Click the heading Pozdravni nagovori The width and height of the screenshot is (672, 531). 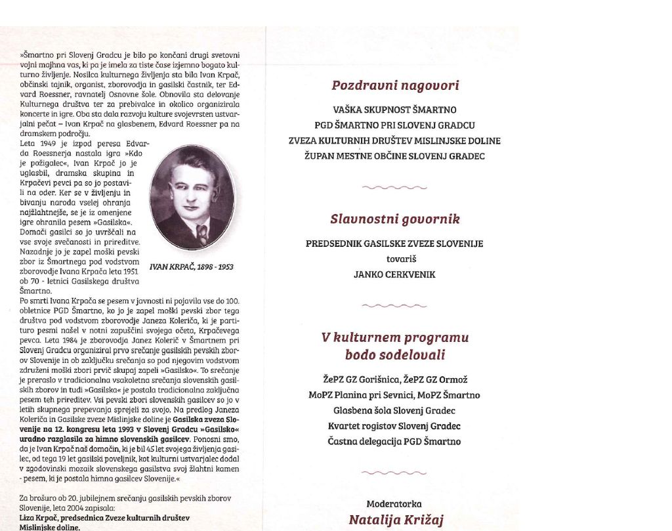click(x=394, y=85)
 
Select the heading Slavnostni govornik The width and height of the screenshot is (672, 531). click(x=394, y=219)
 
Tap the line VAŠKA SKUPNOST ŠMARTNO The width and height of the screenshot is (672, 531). click(x=394, y=110)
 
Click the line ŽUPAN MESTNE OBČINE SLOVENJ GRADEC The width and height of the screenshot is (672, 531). click(x=394, y=156)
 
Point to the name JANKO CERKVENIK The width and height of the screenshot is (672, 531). click(x=394, y=275)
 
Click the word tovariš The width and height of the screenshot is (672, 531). click(x=394, y=259)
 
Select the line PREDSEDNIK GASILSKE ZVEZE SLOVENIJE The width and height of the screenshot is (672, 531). click(x=394, y=244)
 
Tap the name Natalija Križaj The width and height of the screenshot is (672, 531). click(x=396, y=520)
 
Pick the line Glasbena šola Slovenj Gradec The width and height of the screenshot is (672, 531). click(x=394, y=410)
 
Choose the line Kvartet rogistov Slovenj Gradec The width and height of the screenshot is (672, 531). click(x=394, y=426)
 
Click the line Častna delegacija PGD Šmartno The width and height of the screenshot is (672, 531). click(x=394, y=441)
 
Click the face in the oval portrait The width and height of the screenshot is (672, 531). click(x=191, y=188)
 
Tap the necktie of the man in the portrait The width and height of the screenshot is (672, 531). click(x=201, y=233)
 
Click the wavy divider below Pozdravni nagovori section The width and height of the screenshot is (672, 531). click(x=394, y=188)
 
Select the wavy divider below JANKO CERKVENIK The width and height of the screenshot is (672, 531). click(x=394, y=305)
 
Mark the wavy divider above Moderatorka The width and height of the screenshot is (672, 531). click(x=394, y=472)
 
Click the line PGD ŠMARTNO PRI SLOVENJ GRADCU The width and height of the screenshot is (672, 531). click(x=394, y=125)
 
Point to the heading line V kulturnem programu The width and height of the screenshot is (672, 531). click(x=394, y=338)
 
